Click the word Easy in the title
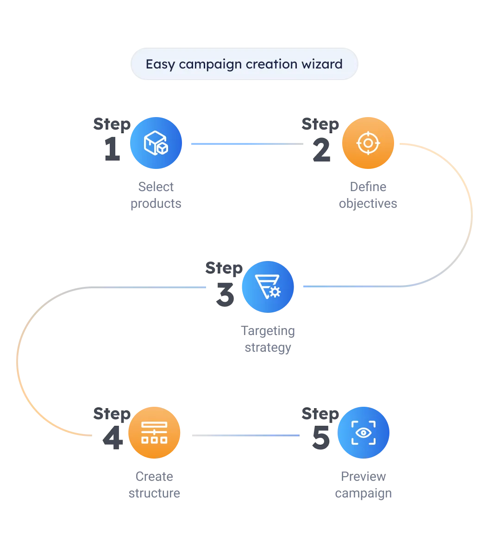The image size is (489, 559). pyautogui.click(x=160, y=64)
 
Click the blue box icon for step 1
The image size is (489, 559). pyautogui.click(x=156, y=143)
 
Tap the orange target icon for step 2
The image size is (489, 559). pyautogui.click(x=368, y=143)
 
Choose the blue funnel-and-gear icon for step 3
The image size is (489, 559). pyautogui.click(x=268, y=287)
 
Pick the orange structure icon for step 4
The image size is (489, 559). pyautogui.click(x=154, y=433)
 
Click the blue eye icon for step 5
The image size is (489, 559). pyautogui.click(x=364, y=433)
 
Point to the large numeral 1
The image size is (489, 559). pyautogui.click(x=112, y=148)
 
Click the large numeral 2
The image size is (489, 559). pyautogui.click(x=321, y=149)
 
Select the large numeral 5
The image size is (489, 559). pyautogui.click(x=320, y=437)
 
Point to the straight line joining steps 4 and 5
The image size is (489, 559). pyautogui.click(x=244, y=435)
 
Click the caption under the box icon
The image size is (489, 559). pyautogui.click(x=156, y=196)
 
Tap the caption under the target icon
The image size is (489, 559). pyautogui.click(x=369, y=196)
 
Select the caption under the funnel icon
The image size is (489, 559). pyautogui.click(x=269, y=340)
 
